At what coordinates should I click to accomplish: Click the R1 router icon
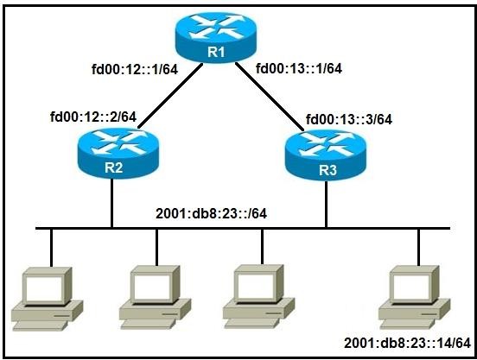216,37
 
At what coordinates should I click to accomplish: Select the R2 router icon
118,153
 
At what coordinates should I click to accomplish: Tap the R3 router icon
326,155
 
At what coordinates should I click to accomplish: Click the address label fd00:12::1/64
135,70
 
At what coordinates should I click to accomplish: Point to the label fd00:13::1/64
299,68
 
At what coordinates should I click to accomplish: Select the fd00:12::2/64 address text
93,117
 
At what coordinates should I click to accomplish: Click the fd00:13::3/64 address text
349,119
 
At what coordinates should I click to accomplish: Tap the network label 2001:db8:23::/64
211,213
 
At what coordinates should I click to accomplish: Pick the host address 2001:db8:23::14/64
408,344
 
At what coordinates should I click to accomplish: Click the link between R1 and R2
170,96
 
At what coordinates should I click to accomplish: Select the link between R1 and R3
270,97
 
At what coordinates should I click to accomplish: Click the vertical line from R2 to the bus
112,203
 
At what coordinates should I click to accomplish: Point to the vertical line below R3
326,204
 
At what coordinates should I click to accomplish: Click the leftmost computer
47,299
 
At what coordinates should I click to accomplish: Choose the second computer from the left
155,297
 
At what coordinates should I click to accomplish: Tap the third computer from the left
258,296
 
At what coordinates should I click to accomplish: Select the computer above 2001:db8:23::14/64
414,297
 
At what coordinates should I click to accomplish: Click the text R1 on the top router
216,52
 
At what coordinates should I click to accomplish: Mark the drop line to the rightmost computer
418,247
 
